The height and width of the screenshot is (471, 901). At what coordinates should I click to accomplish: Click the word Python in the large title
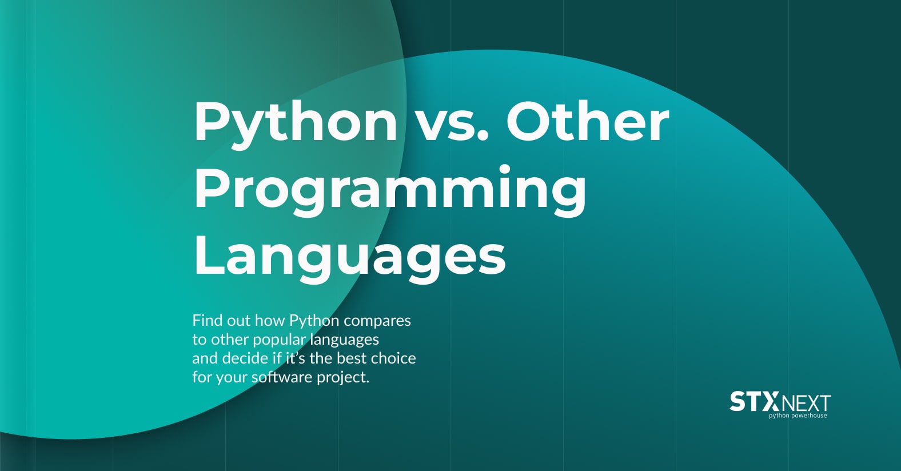(296, 122)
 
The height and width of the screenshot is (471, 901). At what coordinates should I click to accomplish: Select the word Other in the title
(587, 121)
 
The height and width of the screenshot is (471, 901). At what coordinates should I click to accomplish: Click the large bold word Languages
(349, 257)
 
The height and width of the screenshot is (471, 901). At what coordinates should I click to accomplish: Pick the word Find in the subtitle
(207, 320)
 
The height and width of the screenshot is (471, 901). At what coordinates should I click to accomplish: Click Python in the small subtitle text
(314, 321)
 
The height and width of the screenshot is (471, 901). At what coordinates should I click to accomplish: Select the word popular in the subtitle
(279, 340)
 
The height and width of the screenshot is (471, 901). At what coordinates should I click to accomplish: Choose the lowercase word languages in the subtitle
(345, 340)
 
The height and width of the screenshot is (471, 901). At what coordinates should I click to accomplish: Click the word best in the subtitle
(348, 358)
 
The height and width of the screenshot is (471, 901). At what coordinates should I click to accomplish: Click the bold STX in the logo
(754, 402)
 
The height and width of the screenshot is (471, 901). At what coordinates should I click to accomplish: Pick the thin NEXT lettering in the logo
(806, 404)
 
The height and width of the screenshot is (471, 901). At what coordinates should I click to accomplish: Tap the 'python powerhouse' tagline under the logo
(798, 416)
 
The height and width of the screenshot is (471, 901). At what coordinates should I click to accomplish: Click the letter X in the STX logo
(770, 402)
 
